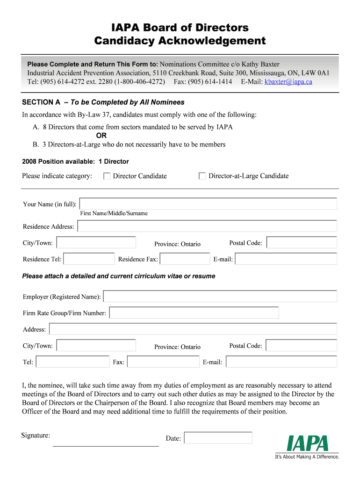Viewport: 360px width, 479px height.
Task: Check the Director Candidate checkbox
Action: pos(107,176)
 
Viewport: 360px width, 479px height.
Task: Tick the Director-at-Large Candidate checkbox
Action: pos(202,176)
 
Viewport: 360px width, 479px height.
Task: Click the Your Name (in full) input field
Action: pos(208,204)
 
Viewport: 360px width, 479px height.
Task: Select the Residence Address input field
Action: pos(207,226)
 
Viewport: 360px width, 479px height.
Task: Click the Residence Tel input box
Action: pos(89,259)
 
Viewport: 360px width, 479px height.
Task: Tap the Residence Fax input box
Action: pos(185,259)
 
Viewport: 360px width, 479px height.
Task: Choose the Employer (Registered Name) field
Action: pos(220,297)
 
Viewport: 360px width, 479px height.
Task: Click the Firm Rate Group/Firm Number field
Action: pos(194,312)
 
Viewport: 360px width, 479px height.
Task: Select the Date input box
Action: pos(218,438)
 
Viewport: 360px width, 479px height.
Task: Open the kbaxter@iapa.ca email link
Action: pos(288,82)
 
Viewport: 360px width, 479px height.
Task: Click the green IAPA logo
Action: pos(308,443)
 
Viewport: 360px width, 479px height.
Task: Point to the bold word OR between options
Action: pos(101,136)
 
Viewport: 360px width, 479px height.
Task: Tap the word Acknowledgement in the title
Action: pos(212,41)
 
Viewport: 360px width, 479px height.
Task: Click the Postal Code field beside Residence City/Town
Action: pos(302,242)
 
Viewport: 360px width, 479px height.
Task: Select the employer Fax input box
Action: pos(163,362)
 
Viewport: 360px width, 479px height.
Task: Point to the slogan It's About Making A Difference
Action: pos(307,457)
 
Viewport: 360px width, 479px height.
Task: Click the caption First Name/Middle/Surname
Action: pos(114,213)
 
